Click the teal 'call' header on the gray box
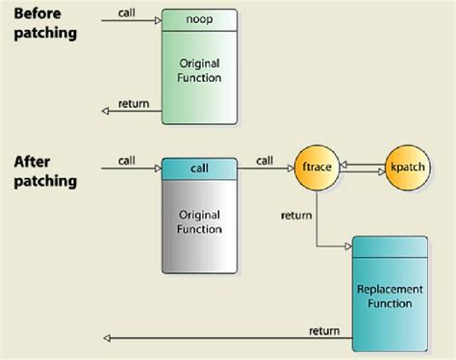point(198,167)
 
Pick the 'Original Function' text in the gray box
point(198,221)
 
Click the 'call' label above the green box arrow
point(126,13)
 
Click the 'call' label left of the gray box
point(126,160)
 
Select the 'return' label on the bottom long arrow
point(323,331)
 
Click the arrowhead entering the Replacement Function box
point(347,246)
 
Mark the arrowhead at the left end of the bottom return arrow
point(106,339)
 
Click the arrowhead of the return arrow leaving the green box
point(106,111)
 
